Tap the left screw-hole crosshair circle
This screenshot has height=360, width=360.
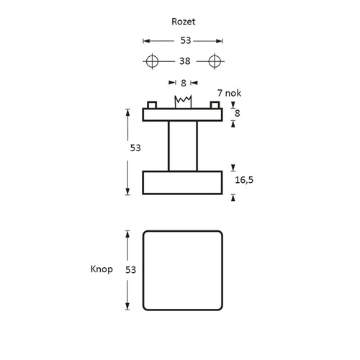pyautogui.click(x=152, y=61)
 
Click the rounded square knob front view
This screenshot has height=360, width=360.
pyautogui.click(x=182, y=270)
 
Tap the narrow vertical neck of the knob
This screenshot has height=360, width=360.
pyautogui.click(x=182, y=145)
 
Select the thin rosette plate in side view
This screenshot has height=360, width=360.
pyautogui.click(x=182, y=114)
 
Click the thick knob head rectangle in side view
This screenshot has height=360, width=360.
pyautogui.click(x=182, y=182)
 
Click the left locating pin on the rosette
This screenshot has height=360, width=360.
pyautogui.click(x=151, y=105)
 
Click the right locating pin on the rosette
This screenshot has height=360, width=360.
pyautogui.click(x=215, y=105)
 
